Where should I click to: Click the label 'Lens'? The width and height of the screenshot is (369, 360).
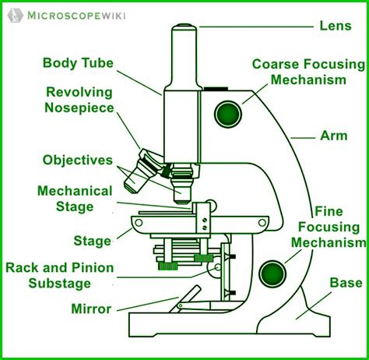coord(336,25)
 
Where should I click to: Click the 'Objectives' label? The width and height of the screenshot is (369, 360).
coord(78,160)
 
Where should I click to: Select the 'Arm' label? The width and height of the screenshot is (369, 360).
coord(334,135)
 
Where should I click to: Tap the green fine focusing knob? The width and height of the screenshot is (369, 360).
coord(272,274)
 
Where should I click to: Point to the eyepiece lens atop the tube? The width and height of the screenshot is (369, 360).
coord(184,31)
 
